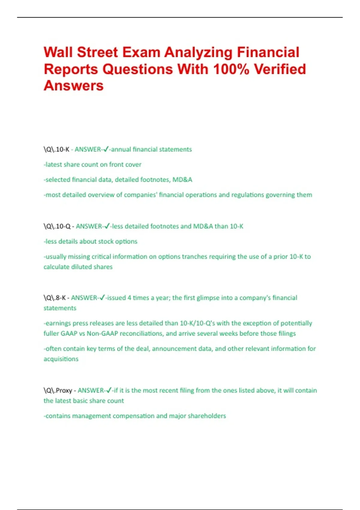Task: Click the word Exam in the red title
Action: [x=141, y=52]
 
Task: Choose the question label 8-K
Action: [x=61, y=298]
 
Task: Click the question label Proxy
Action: [x=64, y=391]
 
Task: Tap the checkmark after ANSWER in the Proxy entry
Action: [x=109, y=390]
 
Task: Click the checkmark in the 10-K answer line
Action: [x=106, y=149]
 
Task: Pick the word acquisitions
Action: [x=61, y=359]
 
